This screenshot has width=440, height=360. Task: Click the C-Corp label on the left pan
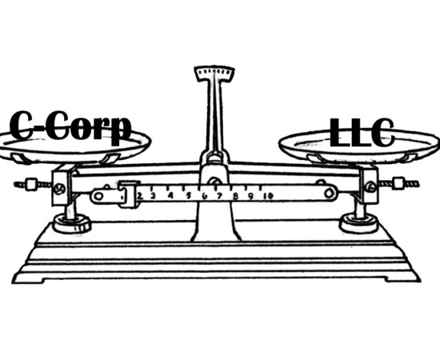(70, 128)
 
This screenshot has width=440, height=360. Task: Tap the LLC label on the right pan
(362, 133)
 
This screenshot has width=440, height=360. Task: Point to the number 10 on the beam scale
(268, 195)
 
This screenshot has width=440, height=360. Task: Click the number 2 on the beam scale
(140, 195)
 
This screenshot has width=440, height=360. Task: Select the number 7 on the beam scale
(219, 195)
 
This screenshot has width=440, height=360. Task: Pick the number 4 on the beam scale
(170, 195)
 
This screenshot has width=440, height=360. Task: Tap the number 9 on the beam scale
(250, 195)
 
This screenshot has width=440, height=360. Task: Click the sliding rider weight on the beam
(129, 194)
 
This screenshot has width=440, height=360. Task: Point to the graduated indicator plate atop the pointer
(214, 74)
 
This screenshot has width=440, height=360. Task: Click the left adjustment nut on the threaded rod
(31, 185)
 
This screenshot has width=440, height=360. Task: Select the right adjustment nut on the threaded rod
(398, 183)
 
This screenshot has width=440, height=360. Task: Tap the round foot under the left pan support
(72, 223)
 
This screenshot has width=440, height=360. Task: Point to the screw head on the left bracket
(60, 189)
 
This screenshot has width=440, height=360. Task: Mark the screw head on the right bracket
(371, 186)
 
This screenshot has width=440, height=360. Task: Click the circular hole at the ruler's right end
(329, 194)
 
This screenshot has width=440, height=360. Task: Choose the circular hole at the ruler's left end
(98, 196)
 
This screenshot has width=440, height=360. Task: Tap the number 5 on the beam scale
(189, 195)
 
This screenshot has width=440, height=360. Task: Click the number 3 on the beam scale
(153, 195)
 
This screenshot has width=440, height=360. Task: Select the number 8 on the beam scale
(235, 195)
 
